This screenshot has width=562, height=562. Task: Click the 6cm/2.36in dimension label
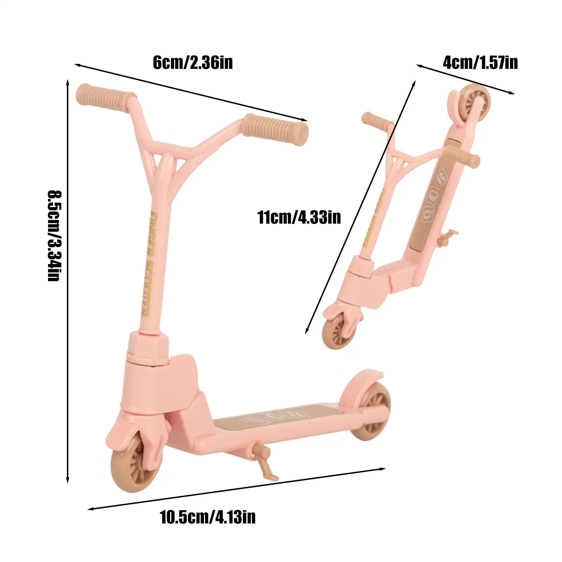[x=193, y=63]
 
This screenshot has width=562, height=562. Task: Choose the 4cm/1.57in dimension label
[x=480, y=63]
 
